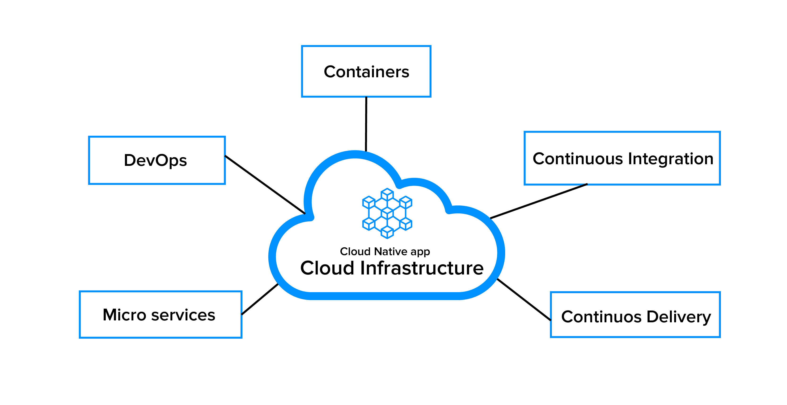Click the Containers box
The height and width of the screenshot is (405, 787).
[366, 71]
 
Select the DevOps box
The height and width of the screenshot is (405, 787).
[157, 160]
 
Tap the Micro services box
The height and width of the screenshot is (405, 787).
[160, 315]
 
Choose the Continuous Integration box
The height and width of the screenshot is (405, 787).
[622, 158]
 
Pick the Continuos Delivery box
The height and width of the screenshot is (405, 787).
[635, 315]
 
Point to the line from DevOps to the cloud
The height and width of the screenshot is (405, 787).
[265, 184]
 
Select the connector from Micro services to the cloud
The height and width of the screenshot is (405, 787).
[260, 299]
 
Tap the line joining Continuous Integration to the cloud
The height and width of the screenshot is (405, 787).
[539, 201]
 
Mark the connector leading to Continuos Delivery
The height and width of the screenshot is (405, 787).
[524, 299]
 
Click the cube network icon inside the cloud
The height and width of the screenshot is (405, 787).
[387, 213]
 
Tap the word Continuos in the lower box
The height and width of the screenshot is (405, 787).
[601, 317]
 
